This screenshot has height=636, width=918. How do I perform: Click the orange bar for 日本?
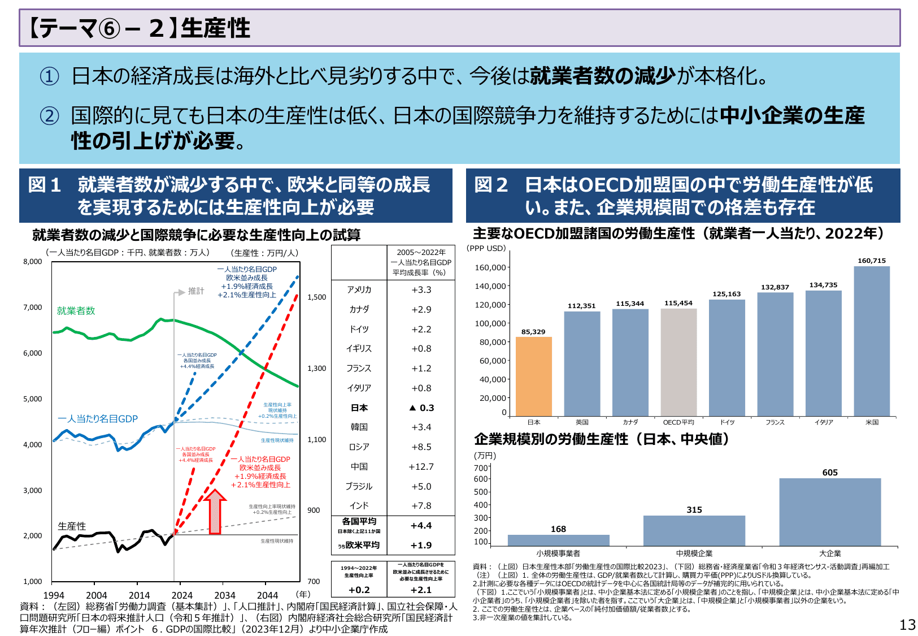[x=533, y=377]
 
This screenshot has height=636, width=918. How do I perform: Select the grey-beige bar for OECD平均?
[x=678, y=362]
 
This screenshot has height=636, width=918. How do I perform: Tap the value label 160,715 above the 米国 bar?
[x=872, y=261]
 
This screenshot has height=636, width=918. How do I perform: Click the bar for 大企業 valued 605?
[x=830, y=512]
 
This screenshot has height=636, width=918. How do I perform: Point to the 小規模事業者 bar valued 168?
[x=558, y=540]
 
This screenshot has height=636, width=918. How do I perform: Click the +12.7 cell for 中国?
[x=421, y=466]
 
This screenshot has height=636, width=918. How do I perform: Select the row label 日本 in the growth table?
[x=359, y=408]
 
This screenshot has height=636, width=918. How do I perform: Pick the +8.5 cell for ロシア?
[x=421, y=447]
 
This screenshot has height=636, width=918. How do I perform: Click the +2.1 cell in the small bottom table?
[x=421, y=590]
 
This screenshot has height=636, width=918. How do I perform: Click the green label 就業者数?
[x=76, y=311]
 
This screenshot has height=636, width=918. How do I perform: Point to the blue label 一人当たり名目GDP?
[x=98, y=419]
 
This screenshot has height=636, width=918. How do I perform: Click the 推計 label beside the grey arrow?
[x=196, y=291]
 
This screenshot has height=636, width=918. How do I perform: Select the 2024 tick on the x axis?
[x=182, y=595]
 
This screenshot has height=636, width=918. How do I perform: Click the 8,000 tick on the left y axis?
[x=33, y=261]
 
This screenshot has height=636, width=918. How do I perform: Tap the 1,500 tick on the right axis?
[x=317, y=297]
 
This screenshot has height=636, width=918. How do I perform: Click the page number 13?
[x=907, y=625]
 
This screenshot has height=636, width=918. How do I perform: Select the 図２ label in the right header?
[x=491, y=185]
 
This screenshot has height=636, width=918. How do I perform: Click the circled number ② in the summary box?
[x=49, y=116]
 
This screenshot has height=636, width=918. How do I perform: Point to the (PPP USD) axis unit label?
[x=486, y=248]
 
